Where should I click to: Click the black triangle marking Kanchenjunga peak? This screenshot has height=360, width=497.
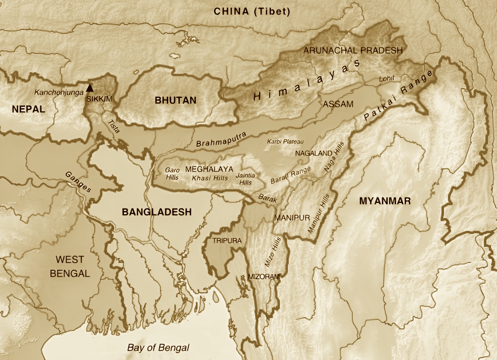(90, 88)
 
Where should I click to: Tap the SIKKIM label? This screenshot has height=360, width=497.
(99, 99)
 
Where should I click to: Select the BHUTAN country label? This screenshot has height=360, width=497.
(176, 100)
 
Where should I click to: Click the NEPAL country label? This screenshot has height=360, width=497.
(28, 109)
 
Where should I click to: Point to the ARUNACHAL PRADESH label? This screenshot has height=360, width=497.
(353, 50)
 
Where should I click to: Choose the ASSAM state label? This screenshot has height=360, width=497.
(338, 104)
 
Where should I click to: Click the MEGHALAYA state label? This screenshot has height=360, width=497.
(209, 169)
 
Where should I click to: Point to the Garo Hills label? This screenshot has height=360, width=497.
(171, 173)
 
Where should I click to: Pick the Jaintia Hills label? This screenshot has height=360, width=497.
(245, 179)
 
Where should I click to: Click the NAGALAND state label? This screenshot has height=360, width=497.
(313, 153)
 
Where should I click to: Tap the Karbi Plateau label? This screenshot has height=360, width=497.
(285, 141)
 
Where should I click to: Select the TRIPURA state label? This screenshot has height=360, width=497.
(227, 241)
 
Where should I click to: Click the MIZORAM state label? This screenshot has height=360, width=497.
(264, 277)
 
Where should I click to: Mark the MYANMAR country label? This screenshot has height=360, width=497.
(385, 201)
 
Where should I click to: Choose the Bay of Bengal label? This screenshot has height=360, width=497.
(158, 347)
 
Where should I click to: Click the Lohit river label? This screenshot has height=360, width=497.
(387, 78)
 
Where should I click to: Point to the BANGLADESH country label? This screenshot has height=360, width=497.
(156, 212)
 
